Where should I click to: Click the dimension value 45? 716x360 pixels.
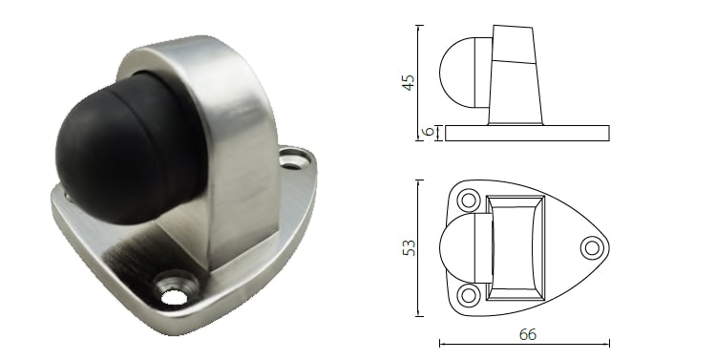(409, 82)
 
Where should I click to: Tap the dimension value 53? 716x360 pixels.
(409, 247)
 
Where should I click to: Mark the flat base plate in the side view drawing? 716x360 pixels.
(526, 133)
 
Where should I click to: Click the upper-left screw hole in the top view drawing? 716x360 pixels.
(468, 201)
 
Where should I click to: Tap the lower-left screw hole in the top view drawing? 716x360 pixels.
(468, 293)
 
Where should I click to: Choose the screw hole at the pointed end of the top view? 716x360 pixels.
(592, 247)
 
